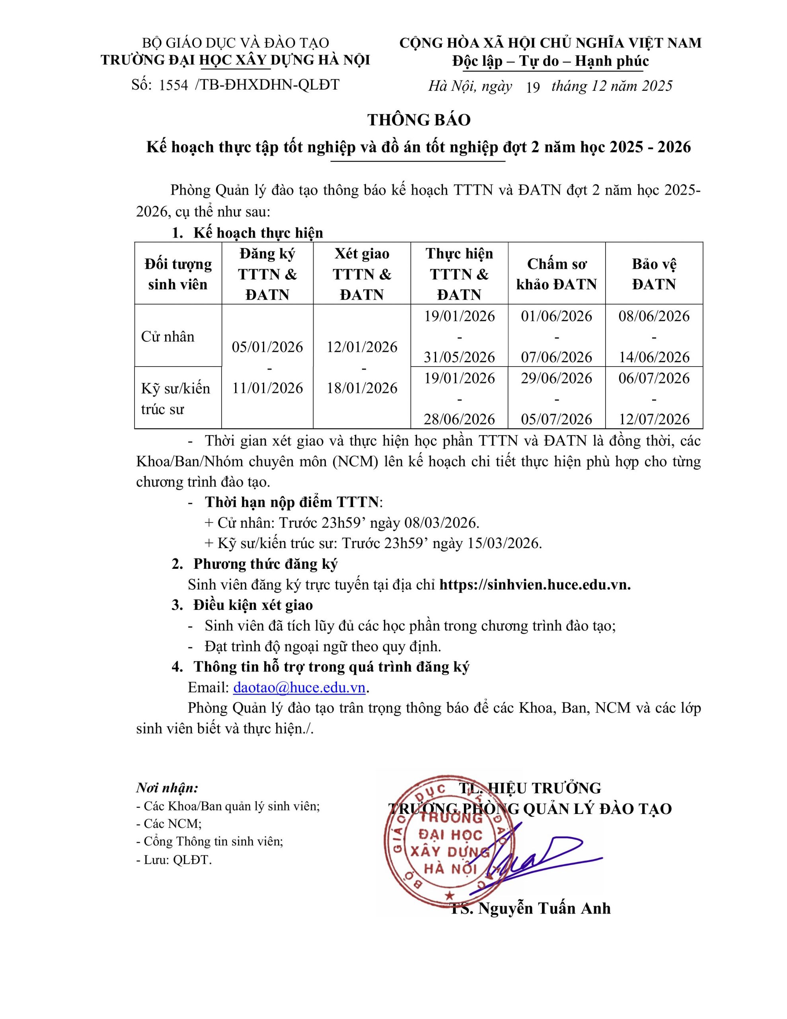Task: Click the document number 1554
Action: click(173, 85)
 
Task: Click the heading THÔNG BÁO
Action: click(419, 120)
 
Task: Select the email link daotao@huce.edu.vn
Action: click(299, 687)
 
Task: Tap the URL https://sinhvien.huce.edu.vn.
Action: click(535, 584)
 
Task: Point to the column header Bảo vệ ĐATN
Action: click(654, 274)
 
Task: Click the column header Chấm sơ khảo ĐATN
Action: click(556, 274)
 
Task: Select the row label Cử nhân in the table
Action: click(168, 336)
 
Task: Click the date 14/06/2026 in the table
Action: click(654, 357)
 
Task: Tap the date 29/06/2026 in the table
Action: click(556, 378)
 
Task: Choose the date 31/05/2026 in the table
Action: click(459, 357)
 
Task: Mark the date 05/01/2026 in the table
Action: click(267, 347)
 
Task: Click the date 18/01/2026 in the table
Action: click(362, 388)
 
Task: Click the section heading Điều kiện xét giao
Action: click(253, 605)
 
